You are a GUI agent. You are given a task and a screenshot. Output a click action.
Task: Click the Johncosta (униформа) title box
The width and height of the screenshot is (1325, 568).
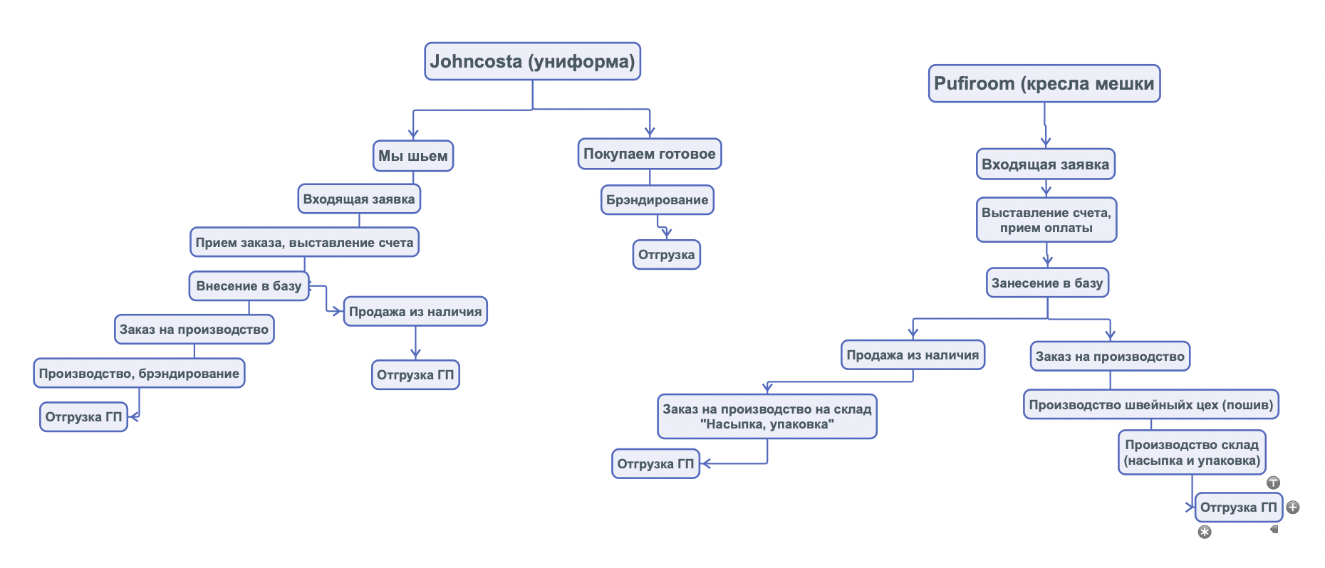532,61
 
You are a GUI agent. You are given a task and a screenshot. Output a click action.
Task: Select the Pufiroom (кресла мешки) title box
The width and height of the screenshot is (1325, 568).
1044,84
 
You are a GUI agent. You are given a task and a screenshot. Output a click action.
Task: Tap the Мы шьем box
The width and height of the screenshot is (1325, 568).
413,156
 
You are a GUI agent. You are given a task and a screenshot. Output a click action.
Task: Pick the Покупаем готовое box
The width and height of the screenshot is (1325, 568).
649,154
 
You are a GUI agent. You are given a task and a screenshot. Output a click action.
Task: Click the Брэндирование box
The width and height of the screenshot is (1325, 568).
657,200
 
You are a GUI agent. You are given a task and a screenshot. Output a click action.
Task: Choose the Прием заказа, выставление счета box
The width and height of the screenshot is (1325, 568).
304,243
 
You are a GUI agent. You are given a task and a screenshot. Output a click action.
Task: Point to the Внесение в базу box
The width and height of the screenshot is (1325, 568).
249,286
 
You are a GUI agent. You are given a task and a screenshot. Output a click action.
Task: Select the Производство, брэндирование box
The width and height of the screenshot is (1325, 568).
139,374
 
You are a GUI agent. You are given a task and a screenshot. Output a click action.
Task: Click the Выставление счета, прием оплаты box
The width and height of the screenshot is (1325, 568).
1046,220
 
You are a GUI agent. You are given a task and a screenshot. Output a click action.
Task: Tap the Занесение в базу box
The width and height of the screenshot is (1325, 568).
1047,283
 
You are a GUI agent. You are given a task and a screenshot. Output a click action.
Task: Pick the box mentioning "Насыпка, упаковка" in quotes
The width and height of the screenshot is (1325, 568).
767,416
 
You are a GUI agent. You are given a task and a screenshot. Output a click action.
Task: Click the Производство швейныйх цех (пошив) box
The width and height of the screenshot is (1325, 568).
1150,405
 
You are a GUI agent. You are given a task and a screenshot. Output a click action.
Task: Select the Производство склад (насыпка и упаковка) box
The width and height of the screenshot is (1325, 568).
1192,453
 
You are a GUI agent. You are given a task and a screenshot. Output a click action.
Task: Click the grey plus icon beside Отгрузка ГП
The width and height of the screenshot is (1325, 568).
1293,507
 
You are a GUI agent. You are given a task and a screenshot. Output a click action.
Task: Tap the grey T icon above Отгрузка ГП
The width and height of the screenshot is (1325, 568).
1273,483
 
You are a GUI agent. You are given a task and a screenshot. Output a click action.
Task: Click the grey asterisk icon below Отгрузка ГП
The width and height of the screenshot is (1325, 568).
1205,532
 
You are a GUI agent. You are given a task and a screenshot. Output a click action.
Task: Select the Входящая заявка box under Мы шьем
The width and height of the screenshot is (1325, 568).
359,199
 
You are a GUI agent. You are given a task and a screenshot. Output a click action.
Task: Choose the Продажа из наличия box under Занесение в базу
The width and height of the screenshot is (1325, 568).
913,355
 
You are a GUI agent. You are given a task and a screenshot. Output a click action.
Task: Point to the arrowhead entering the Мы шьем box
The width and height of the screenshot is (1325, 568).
413,134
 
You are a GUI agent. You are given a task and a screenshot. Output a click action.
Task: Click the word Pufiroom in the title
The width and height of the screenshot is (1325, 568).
974,84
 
